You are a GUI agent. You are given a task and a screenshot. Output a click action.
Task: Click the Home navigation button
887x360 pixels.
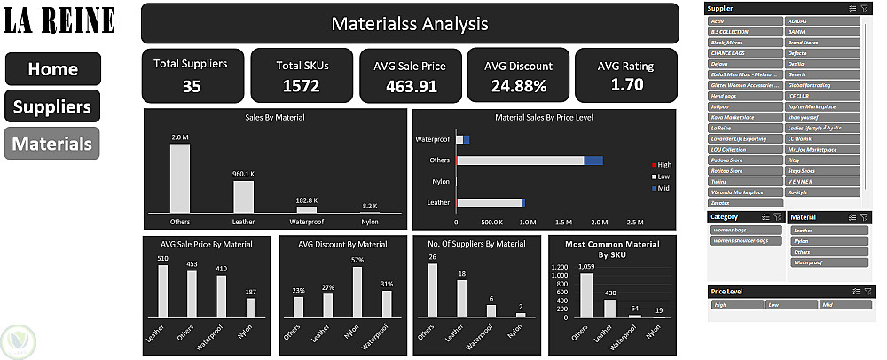pyautogui.click(x=53, y=69)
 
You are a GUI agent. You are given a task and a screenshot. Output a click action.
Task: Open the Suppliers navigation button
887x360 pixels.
pyautogui.click(x=53, y=107)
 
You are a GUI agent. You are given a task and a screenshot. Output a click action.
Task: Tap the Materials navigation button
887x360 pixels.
pyautogui.click(x=53, y=144)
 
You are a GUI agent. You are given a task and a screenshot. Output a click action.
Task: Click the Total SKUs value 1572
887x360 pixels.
pyautogui.click(x=301, y=86)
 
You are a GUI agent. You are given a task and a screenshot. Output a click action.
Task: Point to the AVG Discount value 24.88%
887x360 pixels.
pyautogui.click(x=518, y=86)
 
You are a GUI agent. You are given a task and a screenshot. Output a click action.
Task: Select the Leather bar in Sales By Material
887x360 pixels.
pyautogui.click(x=243, y=196)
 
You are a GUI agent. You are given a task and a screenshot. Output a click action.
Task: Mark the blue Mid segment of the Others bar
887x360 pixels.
pyautogui.click(x=593, y=160)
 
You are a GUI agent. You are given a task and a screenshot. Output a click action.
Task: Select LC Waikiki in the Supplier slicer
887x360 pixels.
pyautogui.click(x=822, y=138)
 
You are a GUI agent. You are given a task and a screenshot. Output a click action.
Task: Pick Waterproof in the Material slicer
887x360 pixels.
pyautogui.click(x=826, y=262)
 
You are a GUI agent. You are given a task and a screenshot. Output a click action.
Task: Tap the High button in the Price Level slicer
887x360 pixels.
pyautogui.click(x=736, y=305)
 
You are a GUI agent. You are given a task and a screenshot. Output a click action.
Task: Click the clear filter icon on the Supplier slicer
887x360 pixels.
pyautogui.click(x=865, y=8)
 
